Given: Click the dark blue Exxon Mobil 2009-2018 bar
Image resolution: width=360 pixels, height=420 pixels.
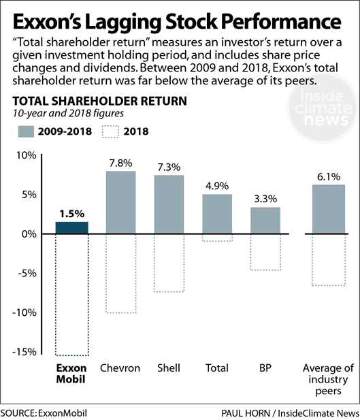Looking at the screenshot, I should [71, 227].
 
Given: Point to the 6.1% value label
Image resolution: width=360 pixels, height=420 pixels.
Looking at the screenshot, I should [324, 176].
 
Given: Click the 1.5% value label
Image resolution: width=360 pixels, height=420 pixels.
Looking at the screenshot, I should [71, 213].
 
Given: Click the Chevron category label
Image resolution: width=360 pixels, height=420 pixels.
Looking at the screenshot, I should [120, 368].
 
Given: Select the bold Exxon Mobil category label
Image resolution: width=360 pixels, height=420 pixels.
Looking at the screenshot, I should [71, 374].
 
